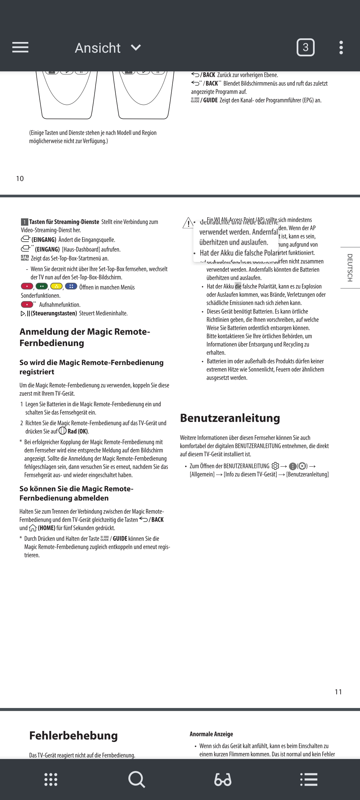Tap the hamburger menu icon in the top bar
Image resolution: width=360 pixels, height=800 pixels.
(20, 47)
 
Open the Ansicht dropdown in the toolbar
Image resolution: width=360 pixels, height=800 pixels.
(108, 48)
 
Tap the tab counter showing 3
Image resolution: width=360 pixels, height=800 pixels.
(305, 48)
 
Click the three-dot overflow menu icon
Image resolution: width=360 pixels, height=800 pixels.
(341, 48)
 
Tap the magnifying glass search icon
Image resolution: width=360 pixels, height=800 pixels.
(136, 780)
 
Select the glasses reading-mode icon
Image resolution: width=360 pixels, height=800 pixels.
(223, 780)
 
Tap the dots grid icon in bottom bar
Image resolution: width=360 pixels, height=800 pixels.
(51, 780)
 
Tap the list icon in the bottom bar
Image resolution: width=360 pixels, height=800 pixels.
(309, 780)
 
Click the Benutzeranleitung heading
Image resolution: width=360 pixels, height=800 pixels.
(230, 418)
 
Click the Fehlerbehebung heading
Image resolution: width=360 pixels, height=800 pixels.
(73, 735)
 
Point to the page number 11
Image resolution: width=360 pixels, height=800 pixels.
(338, 692)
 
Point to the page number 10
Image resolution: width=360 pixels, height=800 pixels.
(20, 179)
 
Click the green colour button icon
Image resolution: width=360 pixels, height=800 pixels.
(42, 286)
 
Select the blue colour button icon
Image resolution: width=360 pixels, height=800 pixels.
(71, 286)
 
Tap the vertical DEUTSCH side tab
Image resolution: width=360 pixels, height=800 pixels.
(350, 268)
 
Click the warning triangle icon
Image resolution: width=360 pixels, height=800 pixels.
(188, 223)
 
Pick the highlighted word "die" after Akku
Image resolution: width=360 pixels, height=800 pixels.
(238, 286)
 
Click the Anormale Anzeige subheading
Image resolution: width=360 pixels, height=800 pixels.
(211, 734)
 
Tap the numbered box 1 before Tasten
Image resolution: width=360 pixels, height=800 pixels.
(24, 222)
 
